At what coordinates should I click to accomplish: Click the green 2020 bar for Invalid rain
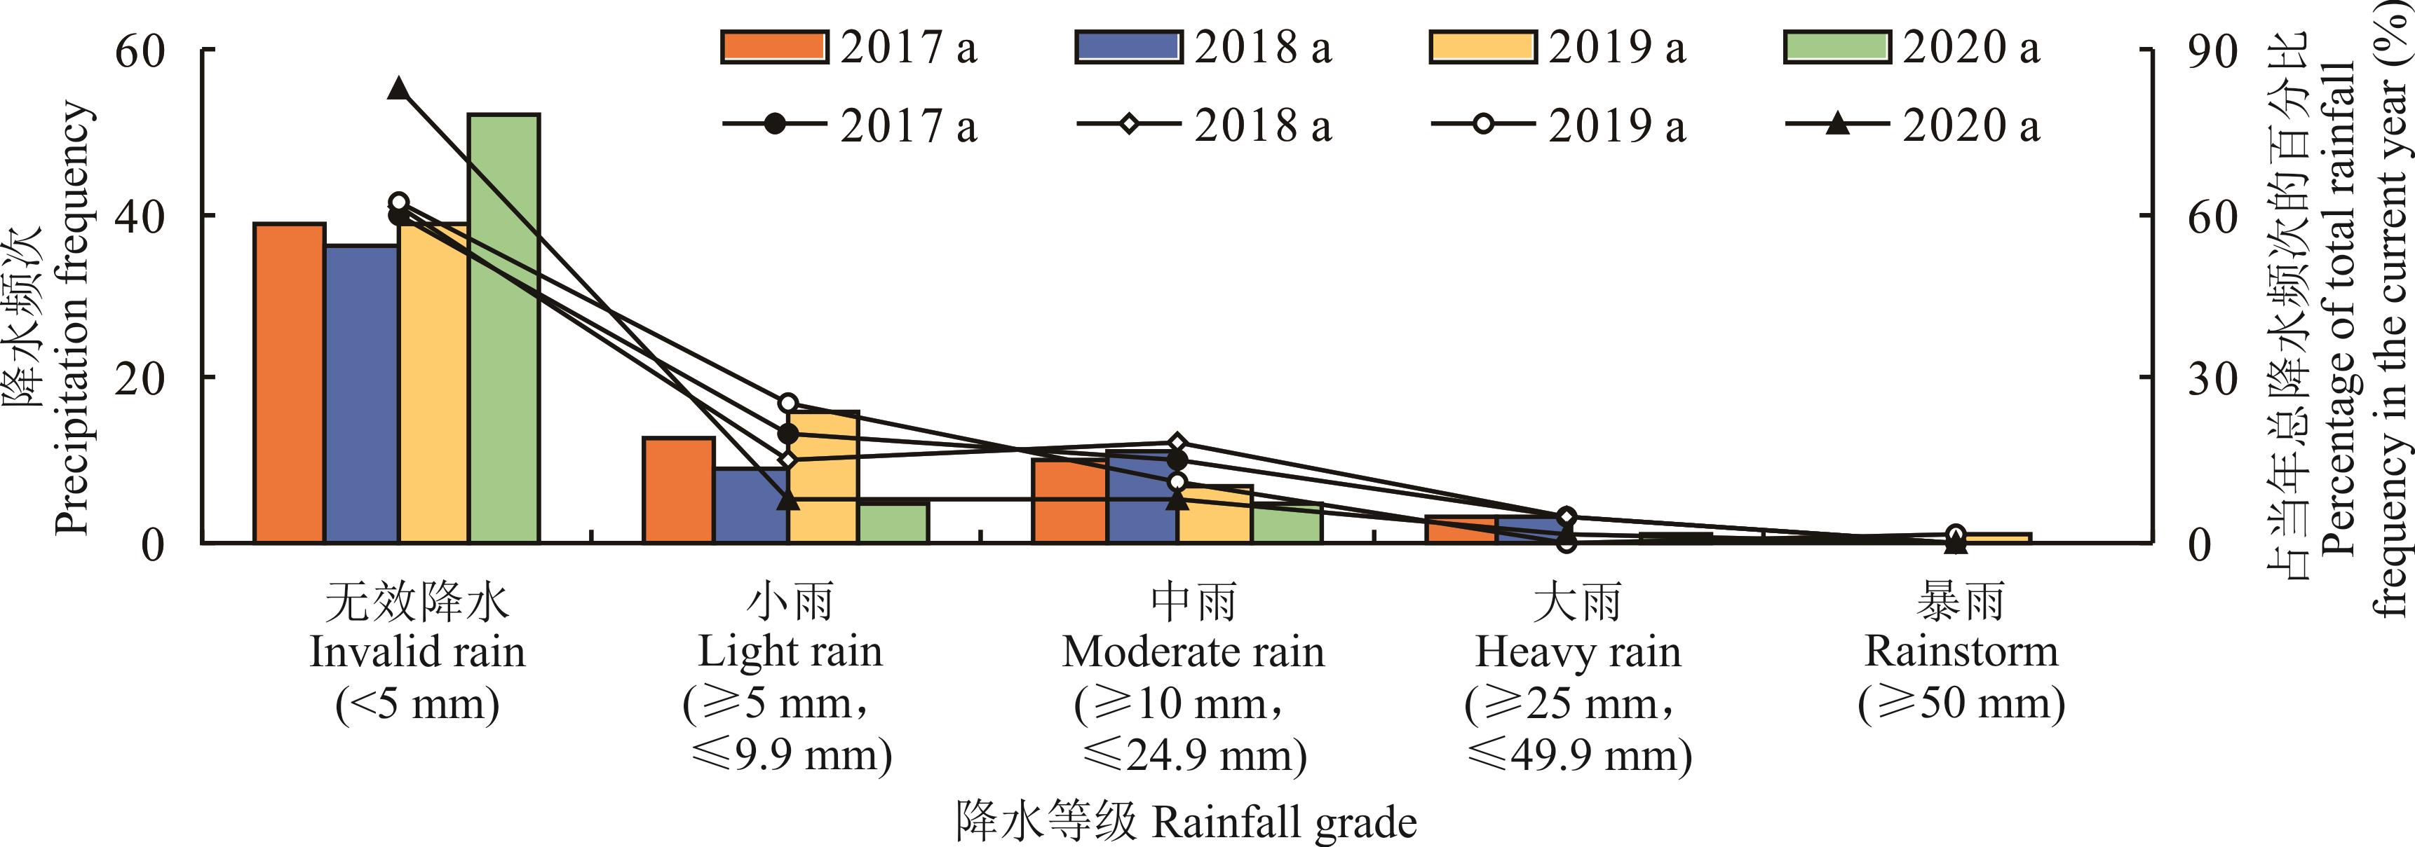(504, 328)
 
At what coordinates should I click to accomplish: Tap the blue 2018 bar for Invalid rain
(362, 394)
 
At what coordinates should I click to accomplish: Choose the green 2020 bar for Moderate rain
(1287, 522)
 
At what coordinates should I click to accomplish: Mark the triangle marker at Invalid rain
(398, 89)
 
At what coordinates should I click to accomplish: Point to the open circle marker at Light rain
(788, 403)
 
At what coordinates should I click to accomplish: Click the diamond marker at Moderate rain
(1179, 443)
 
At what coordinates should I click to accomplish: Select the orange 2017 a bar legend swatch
(774, 47)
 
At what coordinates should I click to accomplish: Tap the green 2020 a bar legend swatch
(1837, 47)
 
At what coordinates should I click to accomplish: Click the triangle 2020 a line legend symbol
(1837, 124)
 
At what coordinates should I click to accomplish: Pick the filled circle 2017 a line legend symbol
(774, 124)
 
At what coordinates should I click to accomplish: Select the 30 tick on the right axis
(2212, 378)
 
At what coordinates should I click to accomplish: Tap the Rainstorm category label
(1961, 652)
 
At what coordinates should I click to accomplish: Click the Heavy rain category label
(1578, 652)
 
